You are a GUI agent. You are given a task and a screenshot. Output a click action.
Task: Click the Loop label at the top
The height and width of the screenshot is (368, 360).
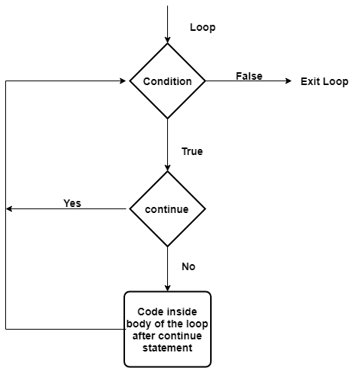point(203,27)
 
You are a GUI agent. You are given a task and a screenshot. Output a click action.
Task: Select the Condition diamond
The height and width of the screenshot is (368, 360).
point(167,81)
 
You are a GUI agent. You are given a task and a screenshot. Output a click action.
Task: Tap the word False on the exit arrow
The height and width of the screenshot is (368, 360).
point(249,76)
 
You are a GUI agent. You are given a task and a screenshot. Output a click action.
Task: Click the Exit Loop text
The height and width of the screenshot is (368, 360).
point(325,81)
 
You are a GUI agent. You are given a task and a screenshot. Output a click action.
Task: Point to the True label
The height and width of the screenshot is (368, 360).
point(192,151)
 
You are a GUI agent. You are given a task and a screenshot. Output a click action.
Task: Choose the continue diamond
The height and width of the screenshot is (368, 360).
point(167,208)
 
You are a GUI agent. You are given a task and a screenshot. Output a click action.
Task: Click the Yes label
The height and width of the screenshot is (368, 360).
point(72,203)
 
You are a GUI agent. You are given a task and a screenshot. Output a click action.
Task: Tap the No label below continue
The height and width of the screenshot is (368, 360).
point(188,266)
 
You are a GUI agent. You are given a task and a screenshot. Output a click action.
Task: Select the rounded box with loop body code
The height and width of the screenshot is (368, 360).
point(167,329)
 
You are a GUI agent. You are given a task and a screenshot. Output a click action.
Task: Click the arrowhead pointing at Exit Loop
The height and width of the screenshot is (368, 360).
point(288,81)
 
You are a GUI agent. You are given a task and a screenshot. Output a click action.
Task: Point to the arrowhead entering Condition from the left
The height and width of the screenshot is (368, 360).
point(123,81)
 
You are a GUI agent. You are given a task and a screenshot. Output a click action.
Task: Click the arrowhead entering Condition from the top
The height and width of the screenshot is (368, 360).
point(167,40)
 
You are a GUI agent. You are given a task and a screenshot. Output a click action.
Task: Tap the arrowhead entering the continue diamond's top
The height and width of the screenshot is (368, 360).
point(167,168)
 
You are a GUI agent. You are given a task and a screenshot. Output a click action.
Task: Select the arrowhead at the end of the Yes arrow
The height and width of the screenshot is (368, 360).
point(9,208)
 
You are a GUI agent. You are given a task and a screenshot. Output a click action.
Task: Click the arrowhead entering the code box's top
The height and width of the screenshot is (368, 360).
point(167,288)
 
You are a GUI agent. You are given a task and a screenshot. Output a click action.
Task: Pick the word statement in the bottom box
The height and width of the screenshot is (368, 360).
point(167,348)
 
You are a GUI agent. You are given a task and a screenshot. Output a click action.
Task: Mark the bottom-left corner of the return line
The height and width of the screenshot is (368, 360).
point(6,329)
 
